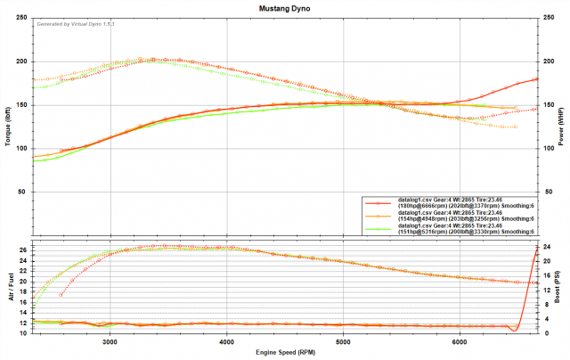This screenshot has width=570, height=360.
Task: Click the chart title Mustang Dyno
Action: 284,8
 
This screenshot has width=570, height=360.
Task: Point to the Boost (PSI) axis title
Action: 562,286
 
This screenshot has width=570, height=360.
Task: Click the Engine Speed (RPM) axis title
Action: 285,352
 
